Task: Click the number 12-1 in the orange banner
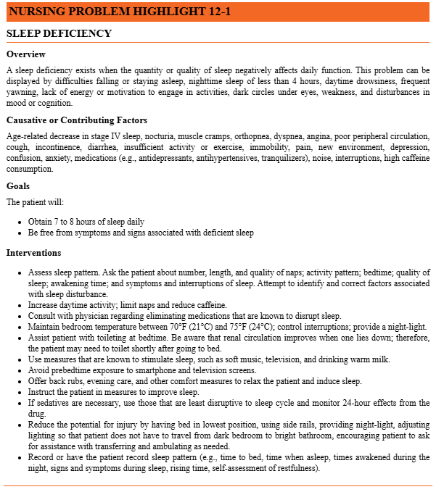pos(216,12)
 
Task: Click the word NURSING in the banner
pos(36,12)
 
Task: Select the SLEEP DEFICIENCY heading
pos(59,34)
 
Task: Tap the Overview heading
pos(26,54)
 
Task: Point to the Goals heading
pos(18,186)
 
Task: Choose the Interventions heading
pos(34,253)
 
